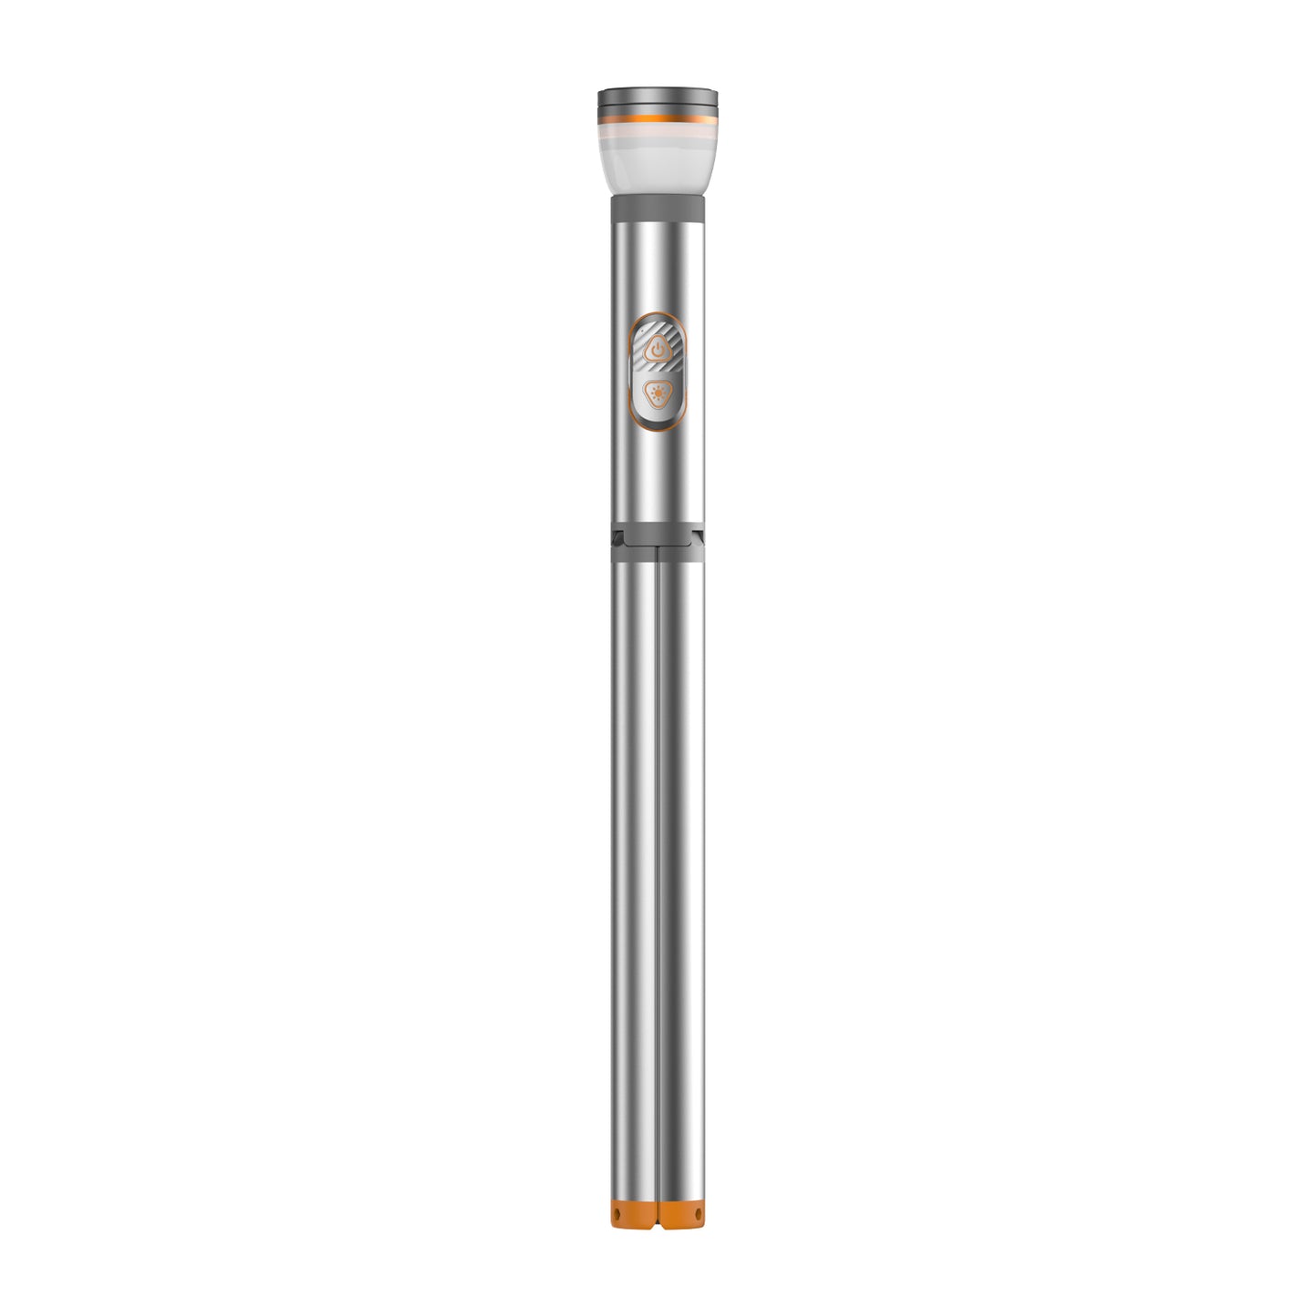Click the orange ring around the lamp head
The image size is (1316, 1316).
coord(658,117)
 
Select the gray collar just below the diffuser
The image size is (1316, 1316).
coord(658,209)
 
